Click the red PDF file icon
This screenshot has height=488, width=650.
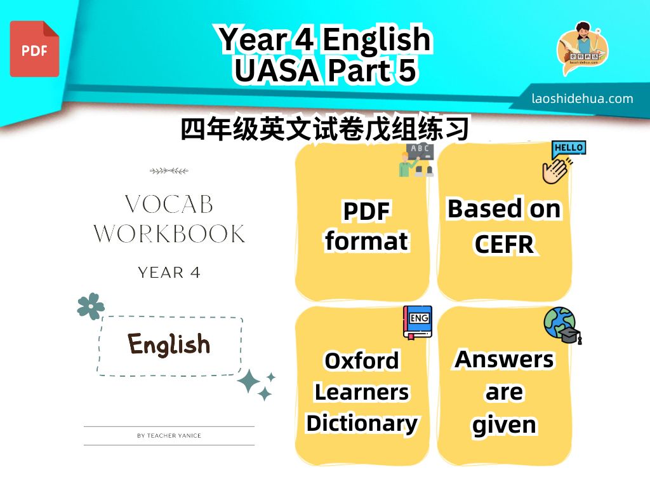click(x=34, y=49)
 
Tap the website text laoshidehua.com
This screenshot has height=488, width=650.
click(x=582, y=98)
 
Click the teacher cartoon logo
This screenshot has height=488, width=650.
click(x=582, y=48)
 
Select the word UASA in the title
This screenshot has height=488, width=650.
click(x=276, y=70)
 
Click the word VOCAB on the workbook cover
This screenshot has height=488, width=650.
click(x=169, y=204)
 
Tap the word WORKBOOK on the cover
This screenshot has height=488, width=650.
click(x=169, y=234)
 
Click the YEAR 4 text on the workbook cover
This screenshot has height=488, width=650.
click(x=169, y=273)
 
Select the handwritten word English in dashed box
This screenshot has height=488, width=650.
click(x=169, y=344)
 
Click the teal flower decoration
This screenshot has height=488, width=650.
click(x=91, y=306)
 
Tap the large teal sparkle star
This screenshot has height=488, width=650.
click(x=249, y=381)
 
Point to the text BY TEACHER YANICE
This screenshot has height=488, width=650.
click(x=169, y=436)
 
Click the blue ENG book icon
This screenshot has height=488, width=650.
click(x=418, y=322)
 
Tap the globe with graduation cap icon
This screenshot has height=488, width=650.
click(x=562, y=325)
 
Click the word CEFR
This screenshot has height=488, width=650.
click(x=505, y=244)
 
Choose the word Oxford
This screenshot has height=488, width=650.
click(x=362, y=360)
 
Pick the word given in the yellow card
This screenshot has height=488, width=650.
click(x=504, y=425)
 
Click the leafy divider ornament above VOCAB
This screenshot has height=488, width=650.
click(x=169, y=170)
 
